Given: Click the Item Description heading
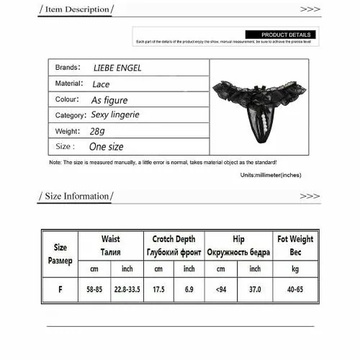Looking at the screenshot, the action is [76, 9].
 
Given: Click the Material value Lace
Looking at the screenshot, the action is [101, 84].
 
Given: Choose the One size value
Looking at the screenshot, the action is [106, 147].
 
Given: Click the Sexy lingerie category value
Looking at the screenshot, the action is [115, 115].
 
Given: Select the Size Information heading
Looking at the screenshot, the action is [76, 196].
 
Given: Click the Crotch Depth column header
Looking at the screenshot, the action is [174, 245].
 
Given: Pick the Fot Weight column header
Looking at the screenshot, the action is [295, 245].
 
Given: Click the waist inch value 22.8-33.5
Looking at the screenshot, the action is [128, 289].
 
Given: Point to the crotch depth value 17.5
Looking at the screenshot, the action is [159, 289].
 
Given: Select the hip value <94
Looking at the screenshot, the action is [220, 289].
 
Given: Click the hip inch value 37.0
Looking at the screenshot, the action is [255, 289].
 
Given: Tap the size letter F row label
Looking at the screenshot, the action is [60, 289].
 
